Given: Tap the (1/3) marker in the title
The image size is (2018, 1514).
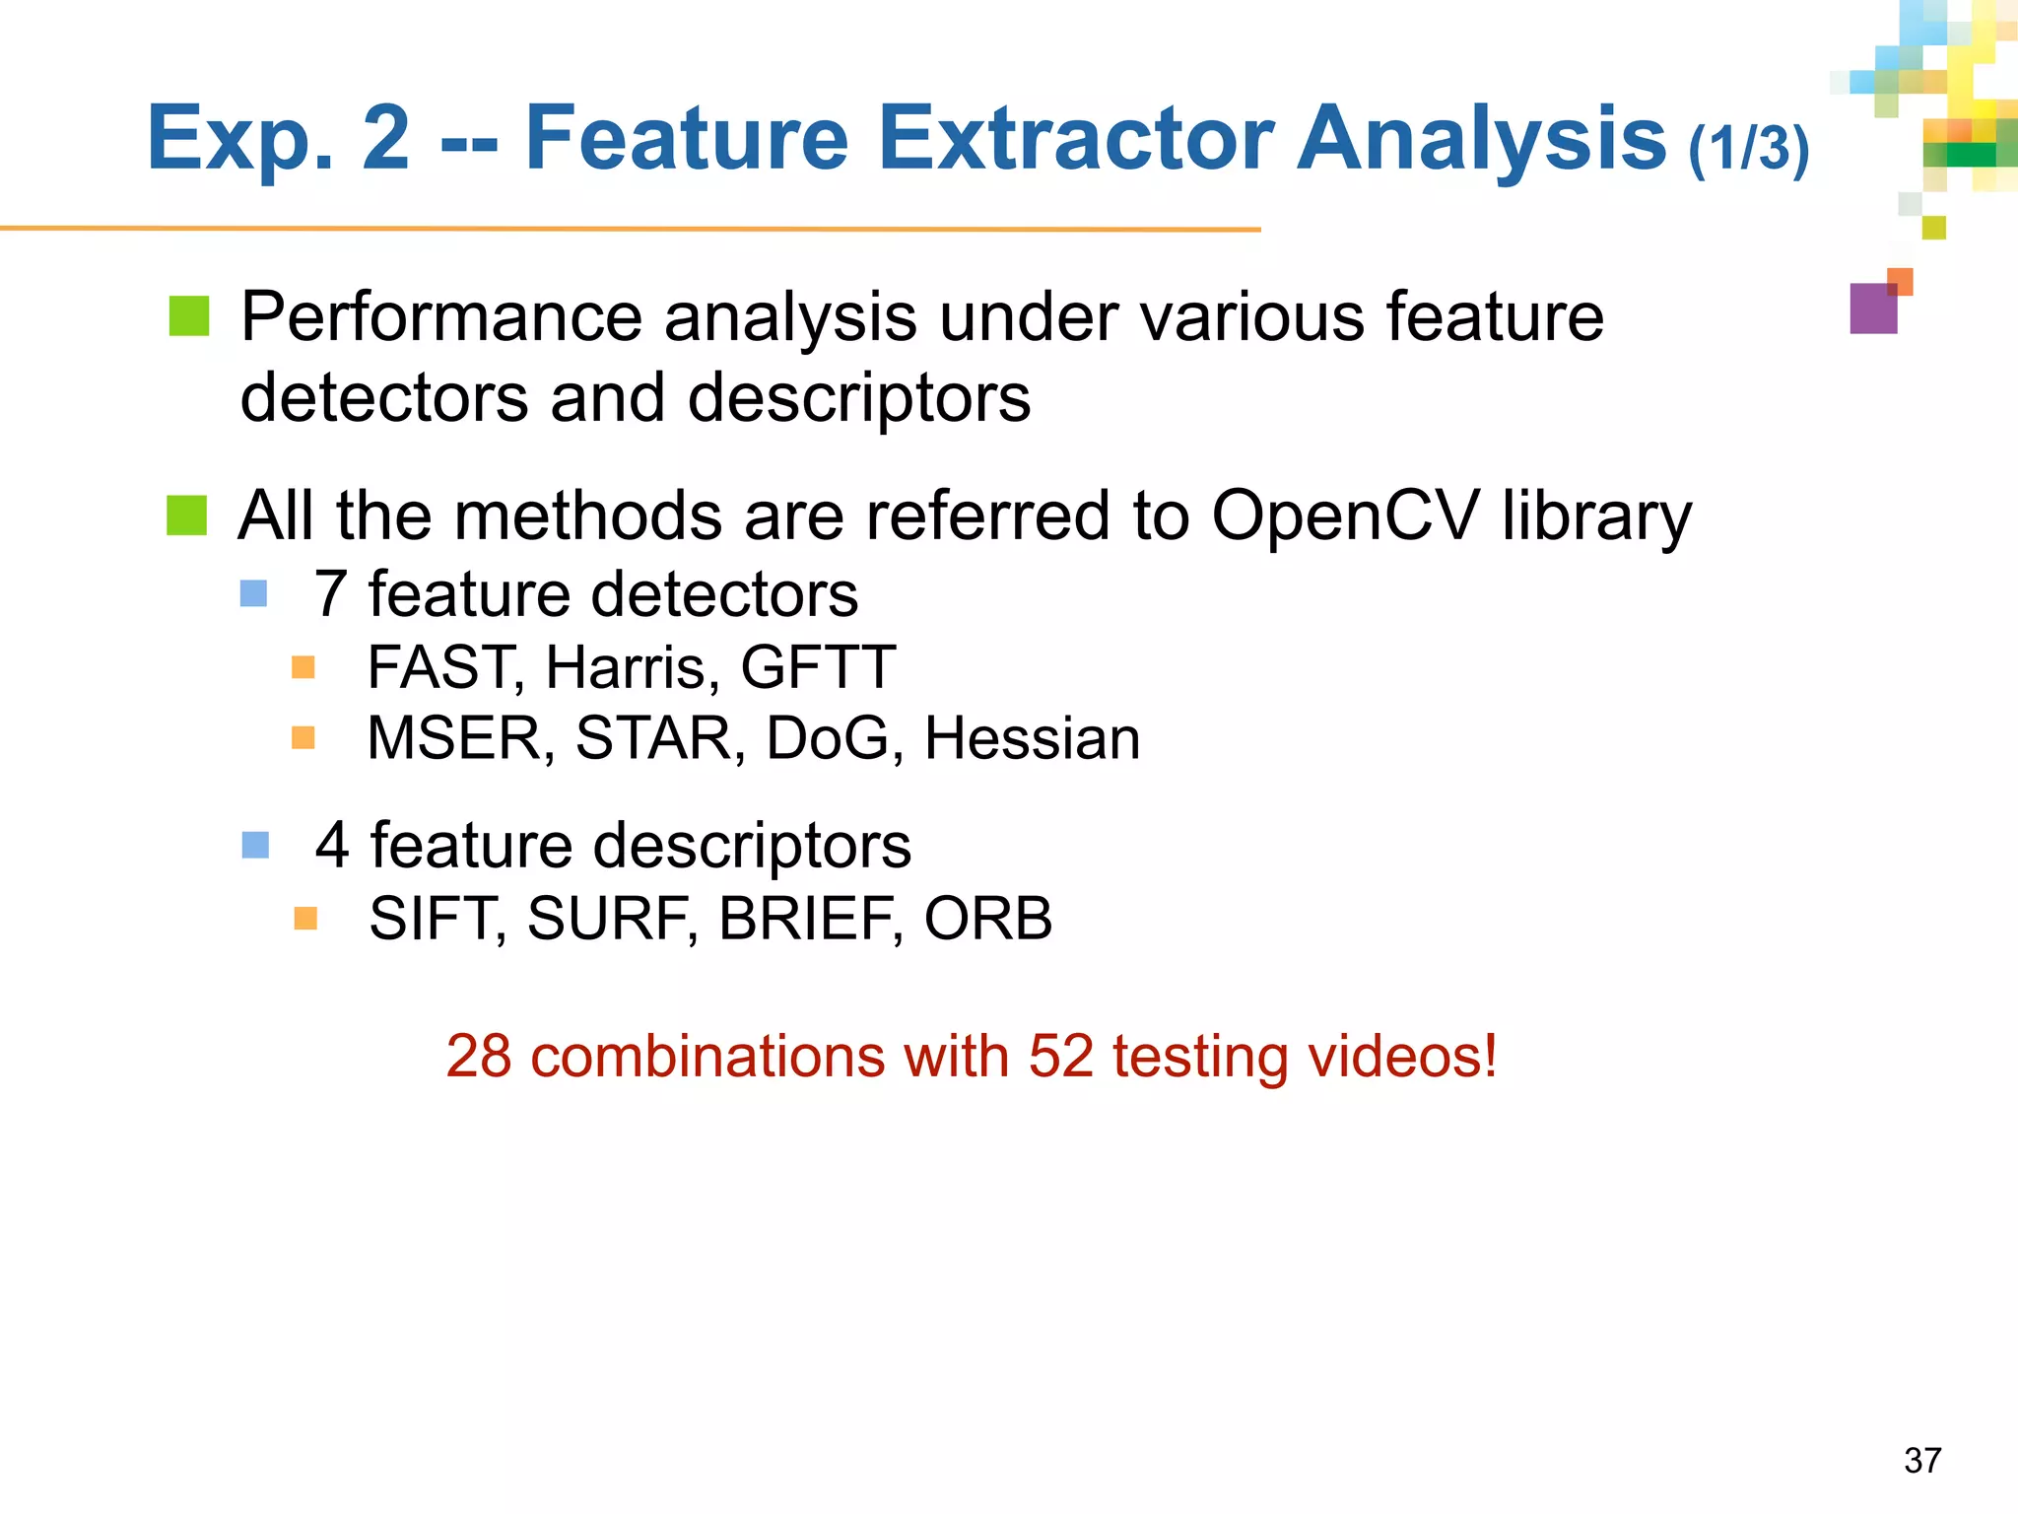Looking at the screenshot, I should pyautogui.click(x=1749, y=148).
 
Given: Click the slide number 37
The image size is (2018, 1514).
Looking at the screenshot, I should pyautogui.click(x=1922, y=1460).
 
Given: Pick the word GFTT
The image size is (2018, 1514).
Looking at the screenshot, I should pyautogui.click(x=818, y=668).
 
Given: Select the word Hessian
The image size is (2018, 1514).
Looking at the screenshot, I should pyautogui.click(x=1032, y=738).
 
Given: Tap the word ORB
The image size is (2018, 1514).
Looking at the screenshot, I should pyautogui.click(x=988, y=919).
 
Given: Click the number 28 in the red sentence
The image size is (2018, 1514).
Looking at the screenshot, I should pyautogui.click(x=479, y=1057).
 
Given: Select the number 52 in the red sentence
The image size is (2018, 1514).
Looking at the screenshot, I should pyautogui.click(x=1061, y=1057).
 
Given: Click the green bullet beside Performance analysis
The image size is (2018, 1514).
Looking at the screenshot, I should pyautogui.click(x=189, y=316).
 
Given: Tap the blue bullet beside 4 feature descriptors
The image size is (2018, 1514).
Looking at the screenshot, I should pyautogui.click(x=255, y=845).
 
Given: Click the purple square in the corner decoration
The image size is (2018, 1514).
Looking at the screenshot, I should pyautogui.click(x=1872, y=309).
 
